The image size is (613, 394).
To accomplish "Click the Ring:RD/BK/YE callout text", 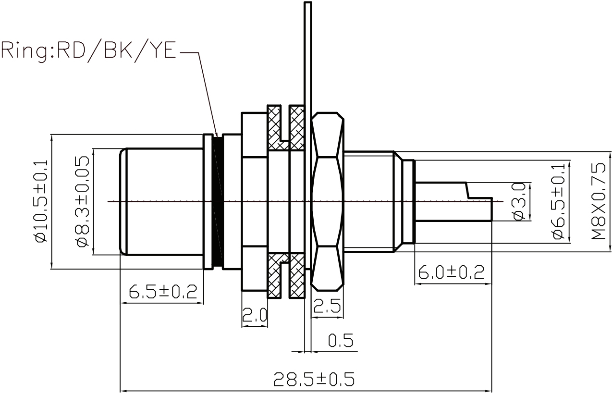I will [x=89, y=50].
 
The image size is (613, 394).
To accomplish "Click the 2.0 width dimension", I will [x=254, y=316].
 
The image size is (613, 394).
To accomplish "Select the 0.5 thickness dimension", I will [x=341, y=341].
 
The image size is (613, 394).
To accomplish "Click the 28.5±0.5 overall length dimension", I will [x=314, y=380].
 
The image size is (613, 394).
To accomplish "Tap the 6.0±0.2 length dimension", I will [x=451, y=272].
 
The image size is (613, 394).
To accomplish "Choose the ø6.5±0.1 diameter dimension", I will [x=558, y=202].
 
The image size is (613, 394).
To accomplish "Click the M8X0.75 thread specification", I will [x=599, y=202].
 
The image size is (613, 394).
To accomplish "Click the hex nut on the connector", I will [x=328, y=201].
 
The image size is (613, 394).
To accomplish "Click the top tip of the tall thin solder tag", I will [x=308, y=4].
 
